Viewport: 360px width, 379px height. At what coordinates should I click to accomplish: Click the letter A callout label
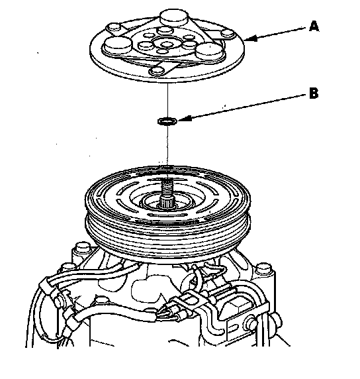point(314,26)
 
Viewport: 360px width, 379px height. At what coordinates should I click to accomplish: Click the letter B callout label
point(314,93)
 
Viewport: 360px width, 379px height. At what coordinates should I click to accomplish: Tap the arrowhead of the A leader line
point(250,38)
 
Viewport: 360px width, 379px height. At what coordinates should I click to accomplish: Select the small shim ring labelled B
point(167,121)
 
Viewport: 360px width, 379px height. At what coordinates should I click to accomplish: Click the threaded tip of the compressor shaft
point(167,186)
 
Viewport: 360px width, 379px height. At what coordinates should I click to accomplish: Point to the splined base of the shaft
point(167,201)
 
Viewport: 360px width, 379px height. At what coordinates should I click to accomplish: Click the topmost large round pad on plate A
point(174,17)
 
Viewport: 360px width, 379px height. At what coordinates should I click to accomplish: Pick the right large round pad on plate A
point(210,51)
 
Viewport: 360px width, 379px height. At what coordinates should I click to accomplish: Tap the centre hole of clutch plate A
point(165,44)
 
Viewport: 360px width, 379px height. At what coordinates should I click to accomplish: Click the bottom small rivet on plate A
point(156,71)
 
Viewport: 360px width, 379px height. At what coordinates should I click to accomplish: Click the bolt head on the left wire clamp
point(59,301)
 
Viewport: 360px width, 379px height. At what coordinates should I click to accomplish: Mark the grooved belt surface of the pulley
point(168,236)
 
